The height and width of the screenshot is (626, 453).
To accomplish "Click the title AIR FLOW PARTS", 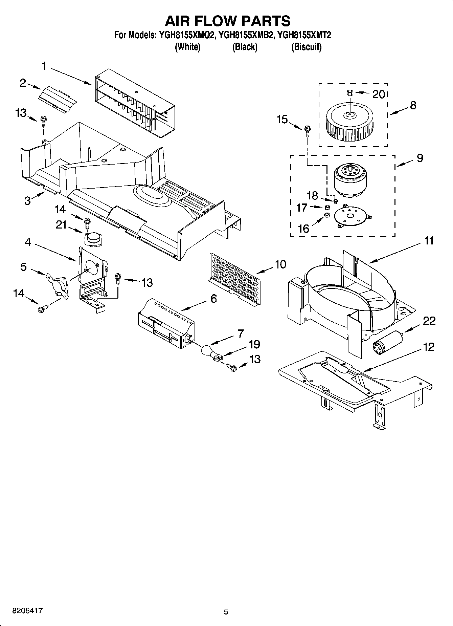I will click(x=227, y=21).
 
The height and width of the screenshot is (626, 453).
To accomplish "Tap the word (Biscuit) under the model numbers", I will click(x=306, y=47).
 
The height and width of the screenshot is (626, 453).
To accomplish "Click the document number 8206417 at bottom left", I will click(x=27, y=611).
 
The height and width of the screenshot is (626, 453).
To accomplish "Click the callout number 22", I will click(x=429, y=321).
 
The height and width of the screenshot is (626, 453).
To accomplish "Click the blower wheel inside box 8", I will click(x=350, y=124).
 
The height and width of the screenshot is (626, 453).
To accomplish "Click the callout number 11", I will click(x=429, y=241).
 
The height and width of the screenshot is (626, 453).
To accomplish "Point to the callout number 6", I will click(x=213, y=299).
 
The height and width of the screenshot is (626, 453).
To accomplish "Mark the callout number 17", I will click(x=301, y=207).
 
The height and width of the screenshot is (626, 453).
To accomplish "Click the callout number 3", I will click(x=27, y=200).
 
